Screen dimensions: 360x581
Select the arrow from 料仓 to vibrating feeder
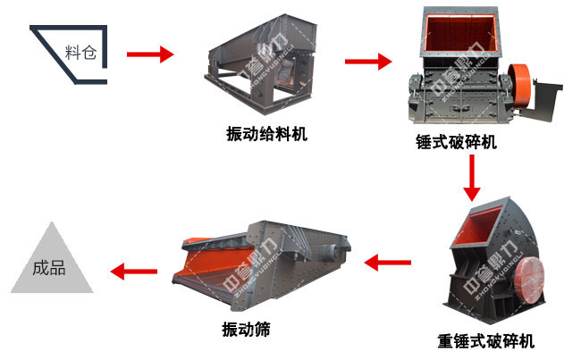[150, 54]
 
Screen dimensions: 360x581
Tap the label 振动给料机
[266, 135]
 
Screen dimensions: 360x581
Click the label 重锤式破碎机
[486, 340]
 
